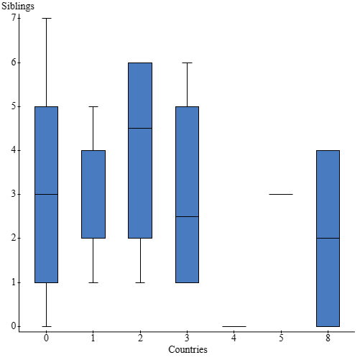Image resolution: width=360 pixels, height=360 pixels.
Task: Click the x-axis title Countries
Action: (x=188, y=350)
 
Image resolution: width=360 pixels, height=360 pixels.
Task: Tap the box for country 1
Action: (x=93, y=194)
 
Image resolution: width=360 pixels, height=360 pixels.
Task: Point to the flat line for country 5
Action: (x=281, y=194)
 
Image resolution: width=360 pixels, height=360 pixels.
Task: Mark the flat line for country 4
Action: (x=234, y=326)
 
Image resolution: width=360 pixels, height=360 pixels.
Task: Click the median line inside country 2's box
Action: (x=140, y=128)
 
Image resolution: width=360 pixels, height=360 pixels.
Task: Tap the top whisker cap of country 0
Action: (x=47, y=18)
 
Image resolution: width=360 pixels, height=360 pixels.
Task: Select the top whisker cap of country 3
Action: (x=187, y=63)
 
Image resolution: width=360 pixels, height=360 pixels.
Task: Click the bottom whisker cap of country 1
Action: (x=93, y=282)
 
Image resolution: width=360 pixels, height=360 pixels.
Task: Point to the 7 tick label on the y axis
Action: (x=14, y=18)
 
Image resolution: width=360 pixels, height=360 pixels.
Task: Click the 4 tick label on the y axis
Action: (x=14, y=150)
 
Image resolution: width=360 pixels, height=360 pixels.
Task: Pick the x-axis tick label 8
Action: (x=328, y=337)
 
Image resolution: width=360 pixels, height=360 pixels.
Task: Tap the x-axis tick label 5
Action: (x=281, y=337)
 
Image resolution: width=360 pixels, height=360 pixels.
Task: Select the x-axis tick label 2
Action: (x=140, y=337)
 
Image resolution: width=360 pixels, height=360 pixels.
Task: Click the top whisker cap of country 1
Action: (x=93, y=106)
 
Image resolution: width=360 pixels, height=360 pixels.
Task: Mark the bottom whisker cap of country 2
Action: (x=140, y=282)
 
